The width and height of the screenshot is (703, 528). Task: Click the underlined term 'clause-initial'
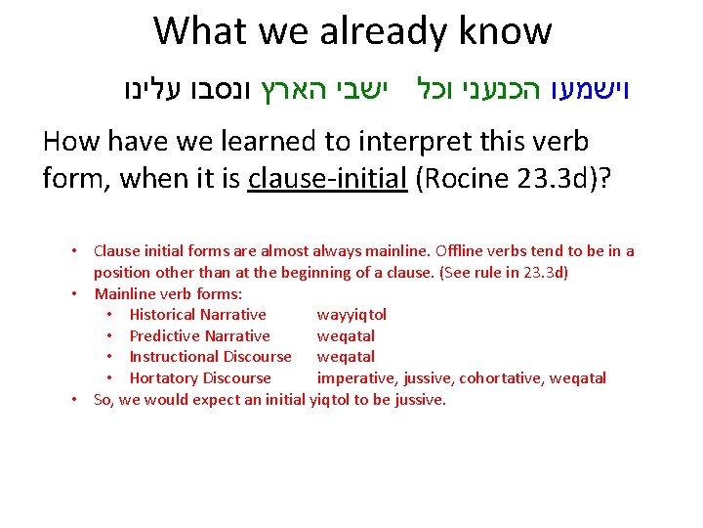point(327,179)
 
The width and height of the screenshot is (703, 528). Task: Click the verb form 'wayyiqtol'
point(351,315)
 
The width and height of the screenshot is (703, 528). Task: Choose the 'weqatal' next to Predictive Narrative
point(346,336)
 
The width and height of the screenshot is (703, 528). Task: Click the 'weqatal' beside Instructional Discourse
point(346,357)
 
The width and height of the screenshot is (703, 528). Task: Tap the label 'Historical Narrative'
point(197,315)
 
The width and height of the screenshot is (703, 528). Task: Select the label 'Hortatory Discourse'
point(200,378)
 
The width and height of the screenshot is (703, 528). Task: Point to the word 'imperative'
point(353,378)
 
